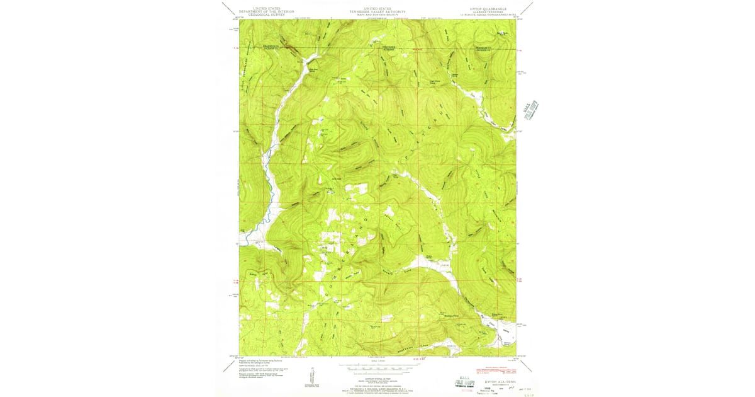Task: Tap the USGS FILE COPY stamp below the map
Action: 466,383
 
